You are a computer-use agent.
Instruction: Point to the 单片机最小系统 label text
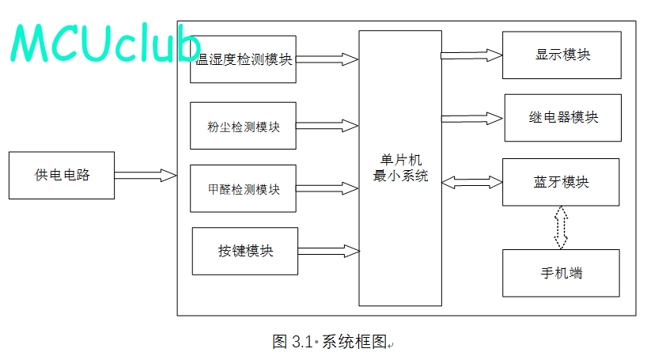[401, 168]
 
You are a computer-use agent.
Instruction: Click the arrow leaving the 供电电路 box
[146, 176]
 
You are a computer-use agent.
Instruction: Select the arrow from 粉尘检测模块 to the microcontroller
[327, 126]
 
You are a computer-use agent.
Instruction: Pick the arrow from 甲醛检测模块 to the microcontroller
[327, 188]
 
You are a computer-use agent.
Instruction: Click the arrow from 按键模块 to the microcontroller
[329, 251]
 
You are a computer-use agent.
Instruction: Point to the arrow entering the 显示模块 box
[471, 55]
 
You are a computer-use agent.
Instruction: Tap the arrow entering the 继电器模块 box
[472, 119]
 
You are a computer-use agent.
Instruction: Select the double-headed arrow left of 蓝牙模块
[472, 182]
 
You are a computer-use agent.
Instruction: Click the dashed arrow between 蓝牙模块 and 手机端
[561, 228]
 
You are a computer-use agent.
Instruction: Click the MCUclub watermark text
[105, 43]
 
